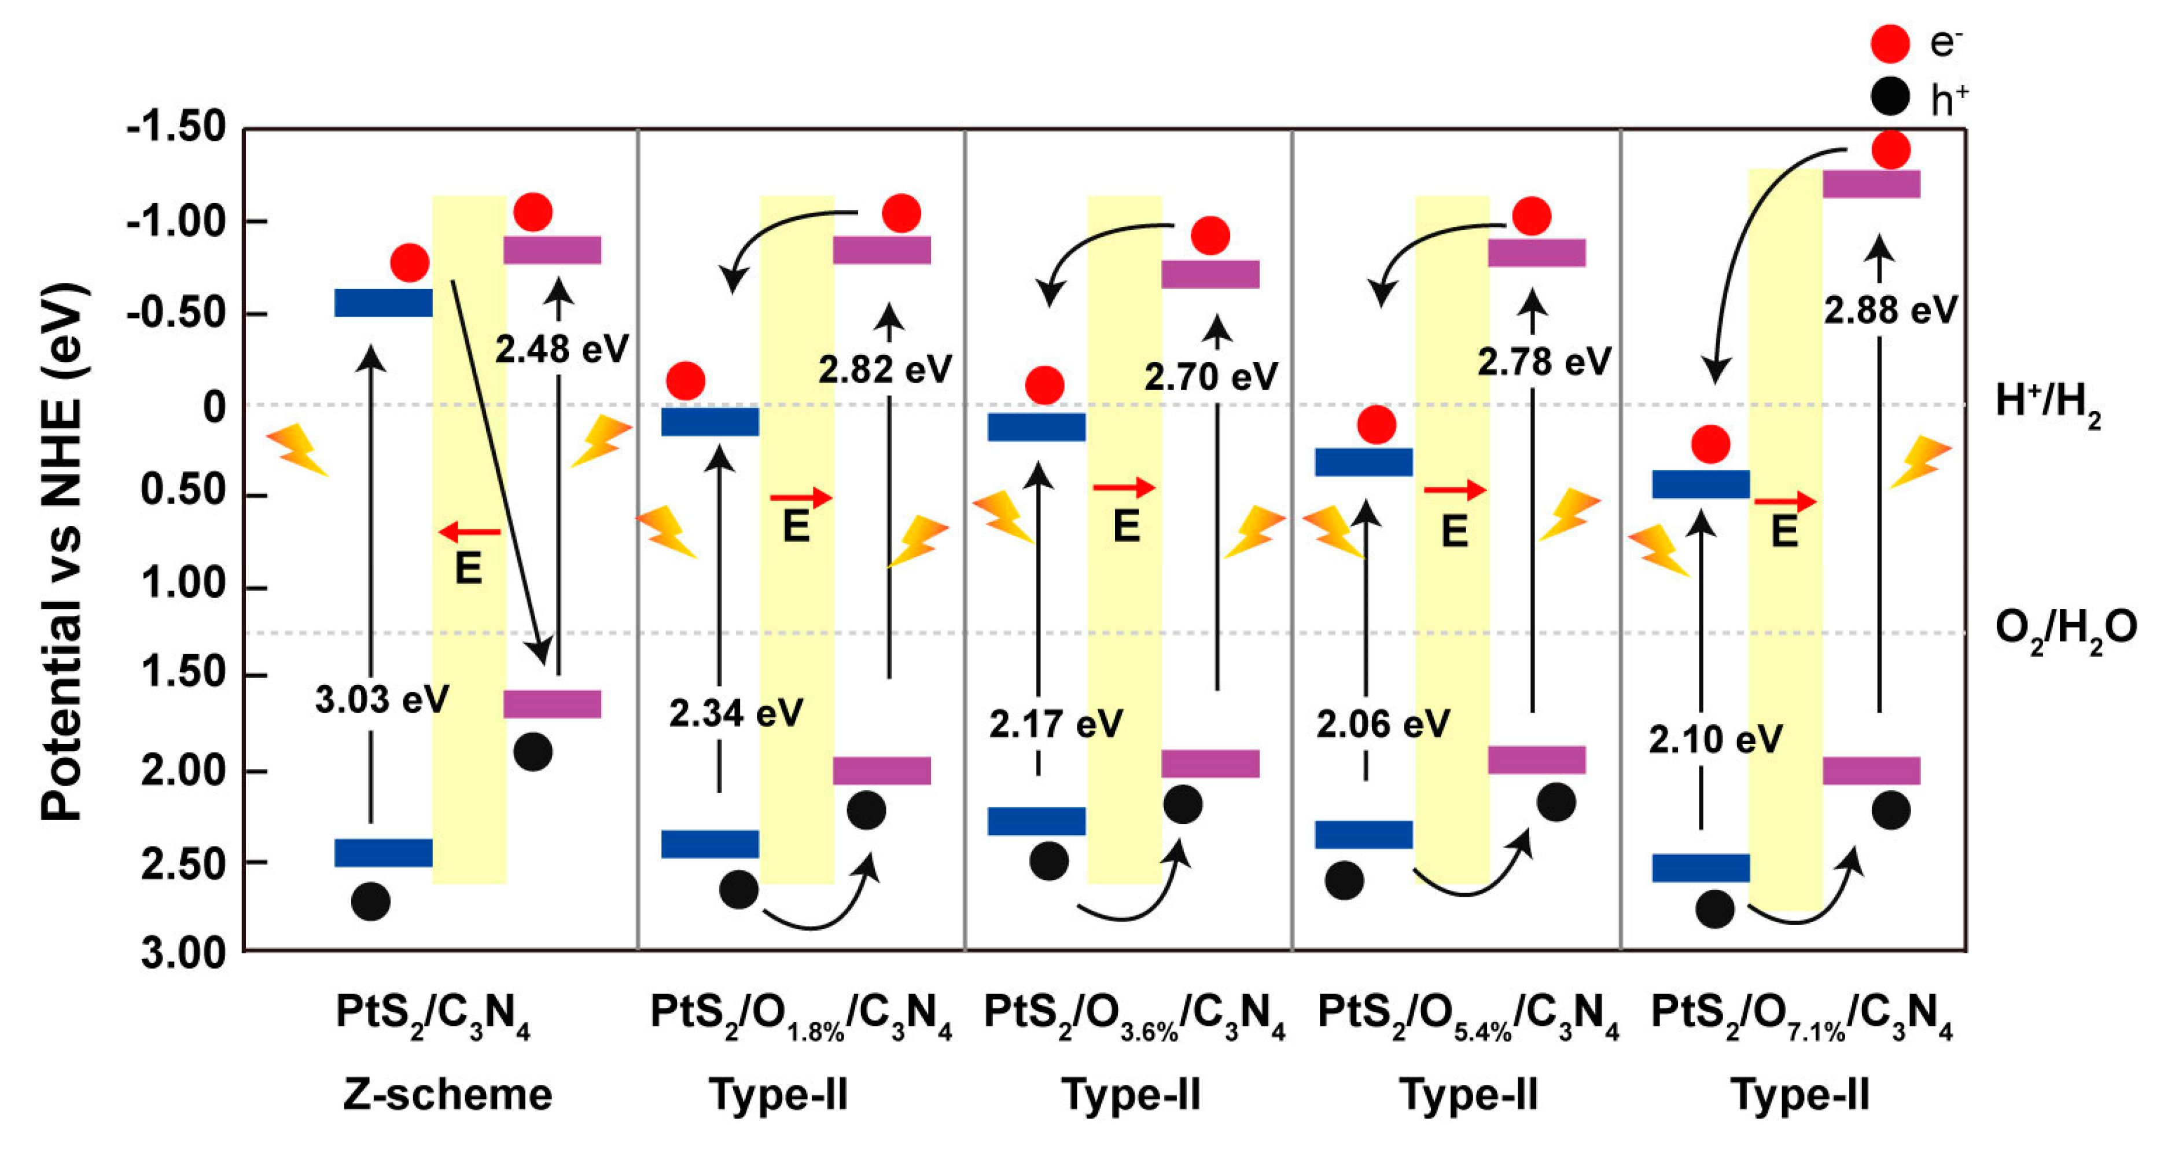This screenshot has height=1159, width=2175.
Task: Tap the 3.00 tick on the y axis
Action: click(183, 953)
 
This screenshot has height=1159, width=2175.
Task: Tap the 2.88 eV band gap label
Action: click(1890, 311)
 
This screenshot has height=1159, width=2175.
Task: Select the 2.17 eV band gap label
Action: click(1055, 724)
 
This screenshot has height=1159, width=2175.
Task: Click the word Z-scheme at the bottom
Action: click(447, 1095)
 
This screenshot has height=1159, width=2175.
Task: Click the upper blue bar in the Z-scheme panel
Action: click(383, 302)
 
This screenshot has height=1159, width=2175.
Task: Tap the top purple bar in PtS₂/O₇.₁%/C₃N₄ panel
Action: click(1871, 184)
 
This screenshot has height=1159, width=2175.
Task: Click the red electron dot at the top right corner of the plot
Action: click(1890, 151)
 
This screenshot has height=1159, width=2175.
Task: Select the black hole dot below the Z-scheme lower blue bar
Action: click(370, 901)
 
